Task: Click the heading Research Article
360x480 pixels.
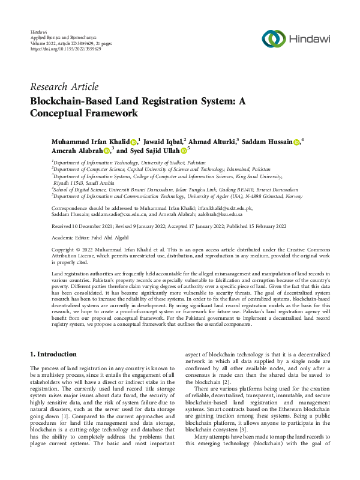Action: [64, 87]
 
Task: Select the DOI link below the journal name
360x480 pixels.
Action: [58, 48]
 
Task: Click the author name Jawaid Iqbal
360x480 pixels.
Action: [161, 141]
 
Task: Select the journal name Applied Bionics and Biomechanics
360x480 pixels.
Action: [64, 36]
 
